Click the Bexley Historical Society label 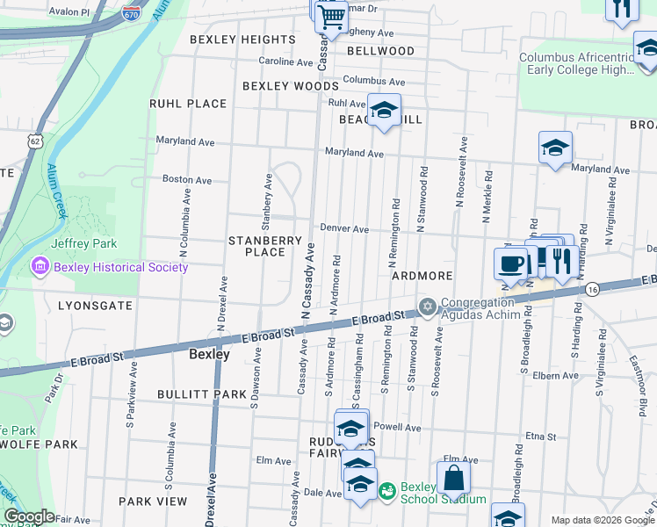tap(121, 267)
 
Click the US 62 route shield tap(34, 141)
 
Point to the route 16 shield tap(594, 289)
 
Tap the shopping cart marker tap(331, 17)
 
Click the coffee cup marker tap(510, 263)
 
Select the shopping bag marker tap(453, 479)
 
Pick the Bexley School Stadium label tap(444, 493)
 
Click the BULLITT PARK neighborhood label tap(202, 394)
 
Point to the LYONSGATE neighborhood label tap(95, 306)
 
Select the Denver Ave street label tap(343, 228)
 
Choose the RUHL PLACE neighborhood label tap(188, 104)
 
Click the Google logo tap(28, 516)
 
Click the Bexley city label tap(210, 355)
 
